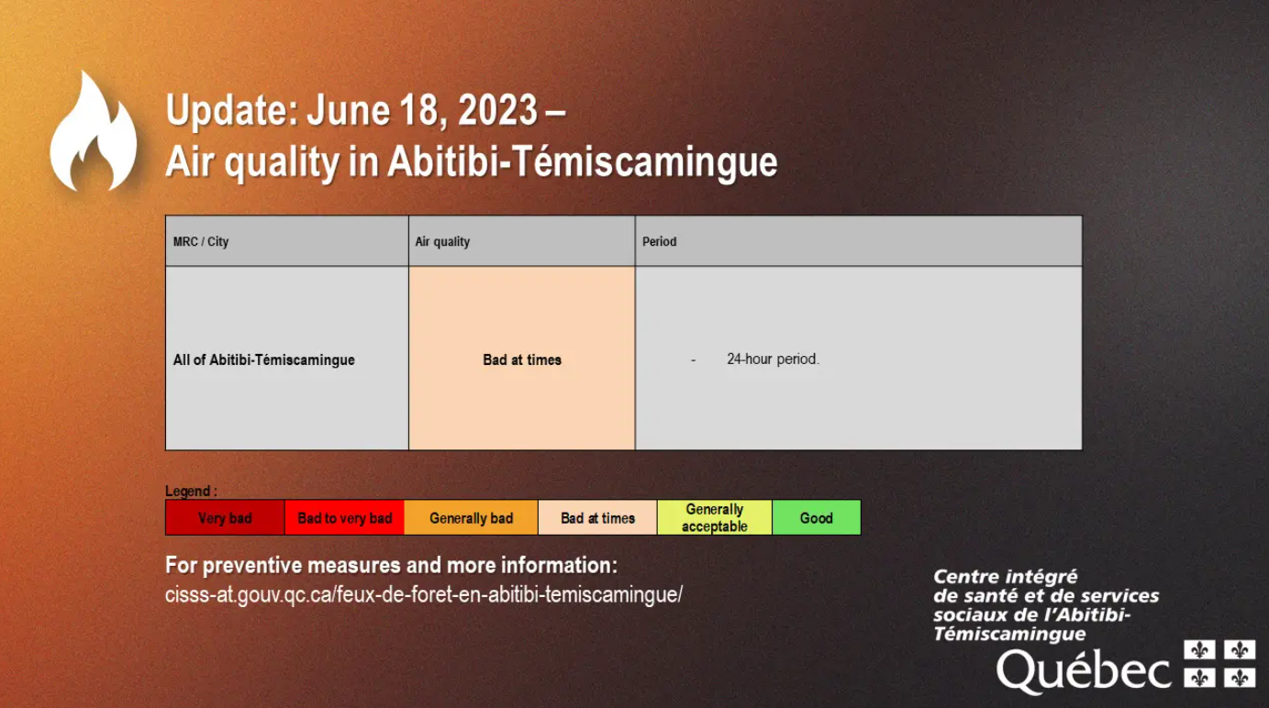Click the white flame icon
(x=94, y=133)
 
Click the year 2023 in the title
(x=497, y=110)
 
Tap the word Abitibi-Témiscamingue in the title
(x=583, y=162)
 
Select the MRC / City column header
(x=201, y=242)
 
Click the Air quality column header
(x=442, y=242)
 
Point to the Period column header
(x=660, y=242)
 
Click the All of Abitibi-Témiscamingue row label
(x=264, y=360)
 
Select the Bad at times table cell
(x=522, y=358)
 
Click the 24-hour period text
(x=773, y=360)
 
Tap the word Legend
(x=187, y=491)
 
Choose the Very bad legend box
(x=225, y=517)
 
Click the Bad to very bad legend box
(x=344, y=517)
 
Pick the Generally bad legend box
(x=472, y=517)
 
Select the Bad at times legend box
(x=597, y=517)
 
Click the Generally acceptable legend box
(x=715, y=517)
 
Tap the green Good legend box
(x=817, y=517)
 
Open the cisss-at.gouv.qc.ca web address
(x=424, y=595)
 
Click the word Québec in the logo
(x=1084, y=671)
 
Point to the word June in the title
(x=349, y=110)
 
